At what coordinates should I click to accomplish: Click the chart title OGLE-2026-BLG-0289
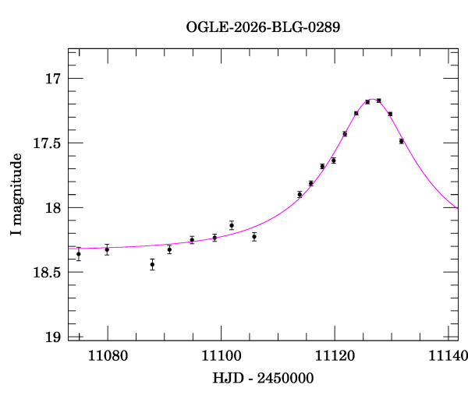[263, 26]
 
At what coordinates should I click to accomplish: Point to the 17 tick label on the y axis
[53, 79]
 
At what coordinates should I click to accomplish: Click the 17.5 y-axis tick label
[46, 143]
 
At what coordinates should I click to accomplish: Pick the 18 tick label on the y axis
[53, 208]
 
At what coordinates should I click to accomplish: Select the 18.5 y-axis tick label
[46, 273]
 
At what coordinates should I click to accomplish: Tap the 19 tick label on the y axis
[53, 337]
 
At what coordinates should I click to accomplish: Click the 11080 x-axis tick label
[107, 356]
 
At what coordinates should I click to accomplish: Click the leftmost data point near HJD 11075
[79, 253]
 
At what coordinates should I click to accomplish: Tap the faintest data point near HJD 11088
[152, 264]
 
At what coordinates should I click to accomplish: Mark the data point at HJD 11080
[107, 249]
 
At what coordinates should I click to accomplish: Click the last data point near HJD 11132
[401, 141]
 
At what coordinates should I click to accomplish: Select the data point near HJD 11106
[254, 236]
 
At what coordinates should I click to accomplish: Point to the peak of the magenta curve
[373, 100]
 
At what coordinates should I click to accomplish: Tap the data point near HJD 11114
[300, 194]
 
